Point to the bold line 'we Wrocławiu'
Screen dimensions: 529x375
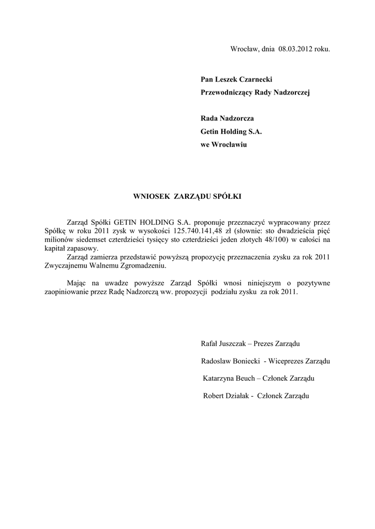(x=223, y=145)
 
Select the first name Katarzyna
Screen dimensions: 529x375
(x=221, y=379)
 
